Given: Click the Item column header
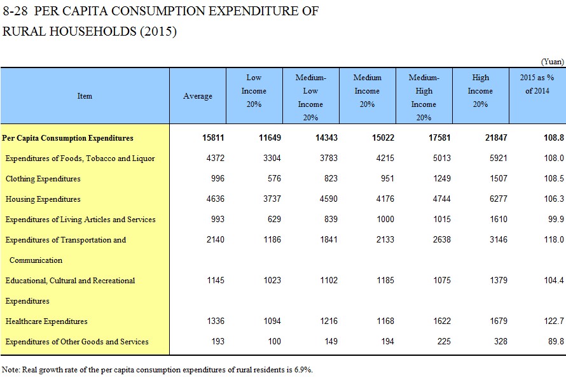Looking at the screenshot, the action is [x=85, y=96].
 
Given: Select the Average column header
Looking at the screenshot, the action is [x=197, y=96].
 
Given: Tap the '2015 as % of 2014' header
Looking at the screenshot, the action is [x=537, y=84].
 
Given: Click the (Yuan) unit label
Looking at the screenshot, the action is [x=552, y=62].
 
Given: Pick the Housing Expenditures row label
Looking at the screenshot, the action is [x=43, y=199].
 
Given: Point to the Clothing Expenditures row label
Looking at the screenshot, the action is [x=43, y=179].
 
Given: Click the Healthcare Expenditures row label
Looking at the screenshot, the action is [x=46, y=321].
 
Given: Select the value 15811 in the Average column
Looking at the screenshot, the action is [x=213, y=137].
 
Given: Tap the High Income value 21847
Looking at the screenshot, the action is [x=496, y=137].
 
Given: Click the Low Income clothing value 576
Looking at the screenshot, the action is [x=274, y=178].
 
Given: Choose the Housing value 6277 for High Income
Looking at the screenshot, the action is [x=498, y=199].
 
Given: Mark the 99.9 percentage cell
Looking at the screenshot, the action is [x=556, y=219].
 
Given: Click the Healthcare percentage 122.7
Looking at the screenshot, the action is [x=554, y=321].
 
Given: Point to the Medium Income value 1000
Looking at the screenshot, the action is [x=385, y=219].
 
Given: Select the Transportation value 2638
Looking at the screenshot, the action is [x=442, y=239].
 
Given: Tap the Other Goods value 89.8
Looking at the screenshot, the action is [x=556, y=341].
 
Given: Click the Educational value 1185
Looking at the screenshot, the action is [x=385, y=280].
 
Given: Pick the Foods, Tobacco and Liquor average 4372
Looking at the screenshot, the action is [x=216, y=158].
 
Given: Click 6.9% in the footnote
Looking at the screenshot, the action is [x=303, y=370].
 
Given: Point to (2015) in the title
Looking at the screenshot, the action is [x=158, y=31].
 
